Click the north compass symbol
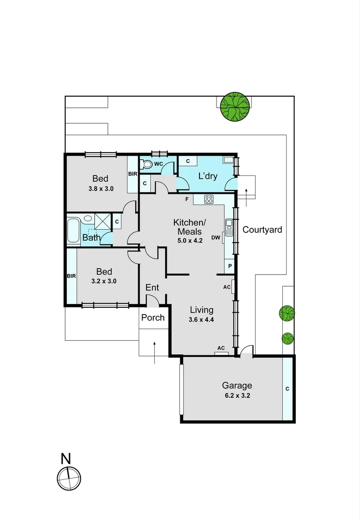click(69, 478)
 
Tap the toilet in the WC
click(146, 164)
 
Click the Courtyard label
click(262, 230)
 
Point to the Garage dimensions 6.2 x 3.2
click(237, 395)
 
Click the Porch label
click(153, 318)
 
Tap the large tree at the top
click(235, 106)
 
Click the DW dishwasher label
click(216, 237)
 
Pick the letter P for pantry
click(230, 266)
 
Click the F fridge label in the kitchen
click(186, 199)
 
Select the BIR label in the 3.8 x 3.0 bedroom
click(132, 174)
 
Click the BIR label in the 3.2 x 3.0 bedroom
click(72, 276)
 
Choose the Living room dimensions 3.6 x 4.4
click(202, 319)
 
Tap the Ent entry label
click(152, 288)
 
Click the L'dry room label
click(208, 176)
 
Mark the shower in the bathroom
click(102, 220)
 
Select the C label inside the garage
click(288, 388)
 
